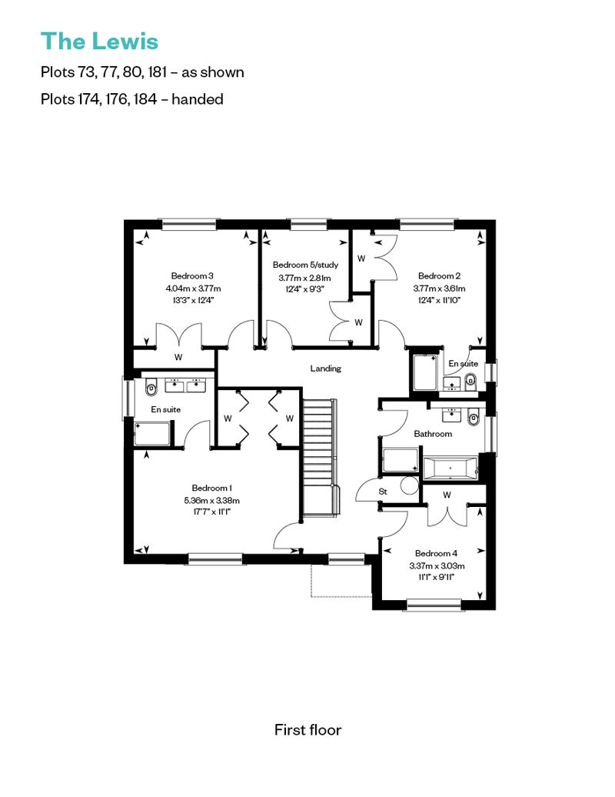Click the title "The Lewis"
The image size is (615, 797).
[x=99, y=42]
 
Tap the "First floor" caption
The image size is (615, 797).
[x=307, y=730]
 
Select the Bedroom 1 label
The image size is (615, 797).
[x=211, y=488]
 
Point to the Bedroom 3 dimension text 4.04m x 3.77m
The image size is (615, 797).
[x=193, y=288]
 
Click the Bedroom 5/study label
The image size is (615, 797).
[x=305, y=265]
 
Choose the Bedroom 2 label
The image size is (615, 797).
[x=439, y=276]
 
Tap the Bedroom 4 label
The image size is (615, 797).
[x=436, y=553]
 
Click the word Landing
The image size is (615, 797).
[x=325, y=368]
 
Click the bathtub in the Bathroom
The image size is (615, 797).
[x=450, y=469]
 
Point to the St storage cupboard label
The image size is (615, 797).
[x=383, y=492]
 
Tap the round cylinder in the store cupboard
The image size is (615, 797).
[x=409, y=485]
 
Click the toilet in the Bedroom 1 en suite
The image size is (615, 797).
[x=151, y=389]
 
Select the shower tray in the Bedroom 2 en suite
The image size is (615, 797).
[x=425, y=372]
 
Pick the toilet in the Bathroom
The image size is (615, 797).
[x=473, y=418]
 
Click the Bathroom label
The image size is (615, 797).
[x=433, y=434]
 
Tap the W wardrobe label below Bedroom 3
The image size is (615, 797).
[x=178, y=357]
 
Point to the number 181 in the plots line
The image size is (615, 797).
[x=158, y=72]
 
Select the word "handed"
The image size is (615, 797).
[x=198, y=98]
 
